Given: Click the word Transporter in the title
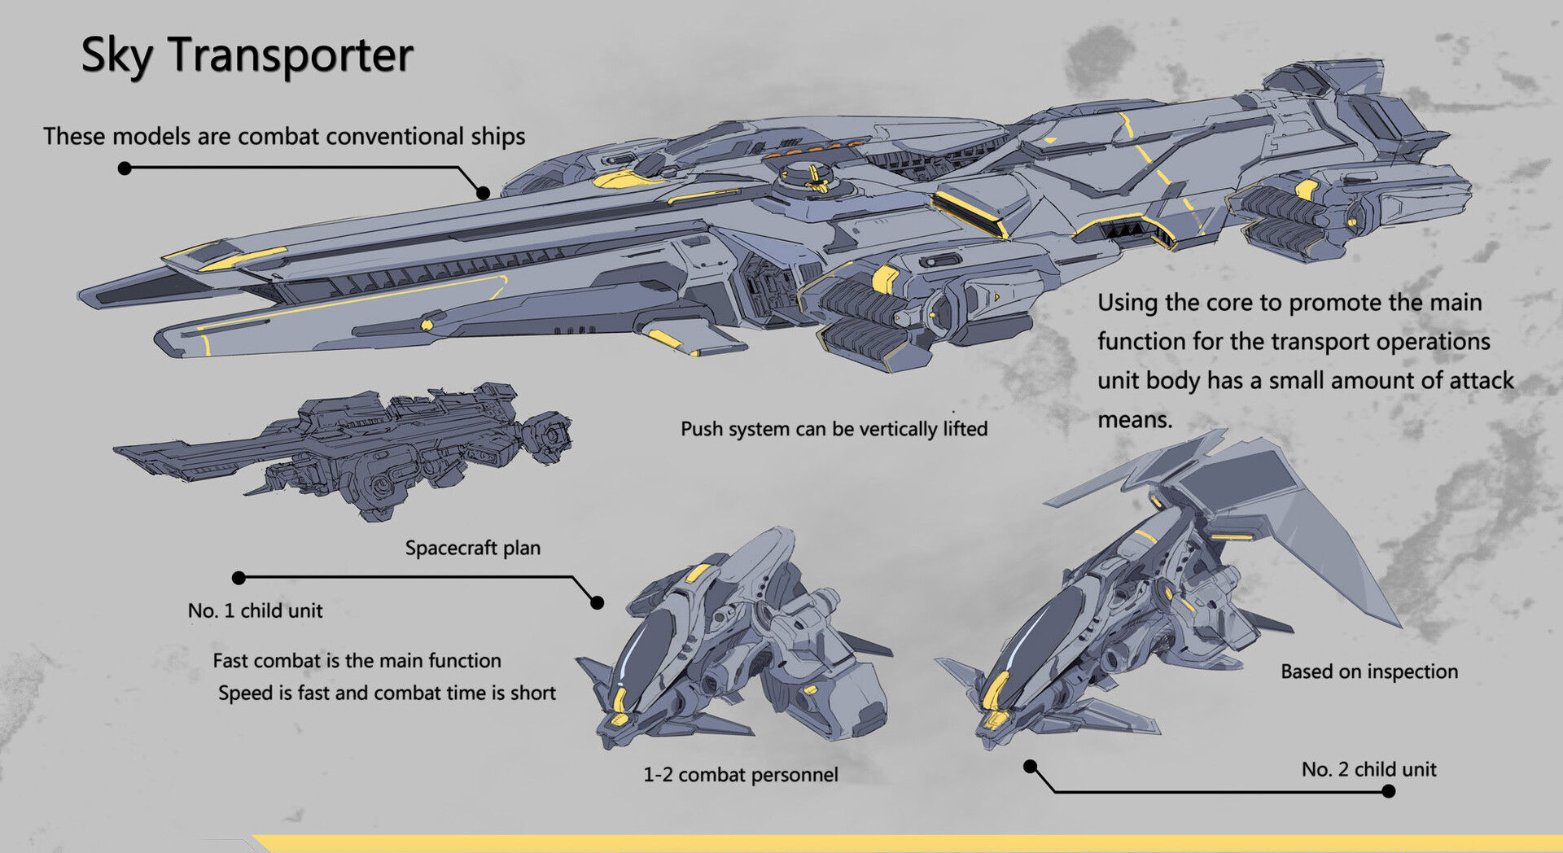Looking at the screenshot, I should [x=291, y=55].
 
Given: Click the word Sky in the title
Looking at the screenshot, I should [x=116, y=55].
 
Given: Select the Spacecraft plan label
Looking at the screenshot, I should [x=472, y=548].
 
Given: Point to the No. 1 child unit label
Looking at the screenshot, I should [x=255, y=610].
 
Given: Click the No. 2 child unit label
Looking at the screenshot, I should [x=1368, y=769].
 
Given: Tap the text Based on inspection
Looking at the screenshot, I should [x=1368, y=671].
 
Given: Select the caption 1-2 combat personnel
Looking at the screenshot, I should [x=740, y=775].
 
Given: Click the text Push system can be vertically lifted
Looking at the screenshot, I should [x=834, y=429].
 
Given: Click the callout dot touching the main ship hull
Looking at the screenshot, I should [x=483, y=193].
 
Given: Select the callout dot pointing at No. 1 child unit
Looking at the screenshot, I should [x=597, y=602].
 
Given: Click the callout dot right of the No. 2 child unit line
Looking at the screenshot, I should [x=1389, y=791].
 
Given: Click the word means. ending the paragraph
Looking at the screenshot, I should [x=1134, y=420].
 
